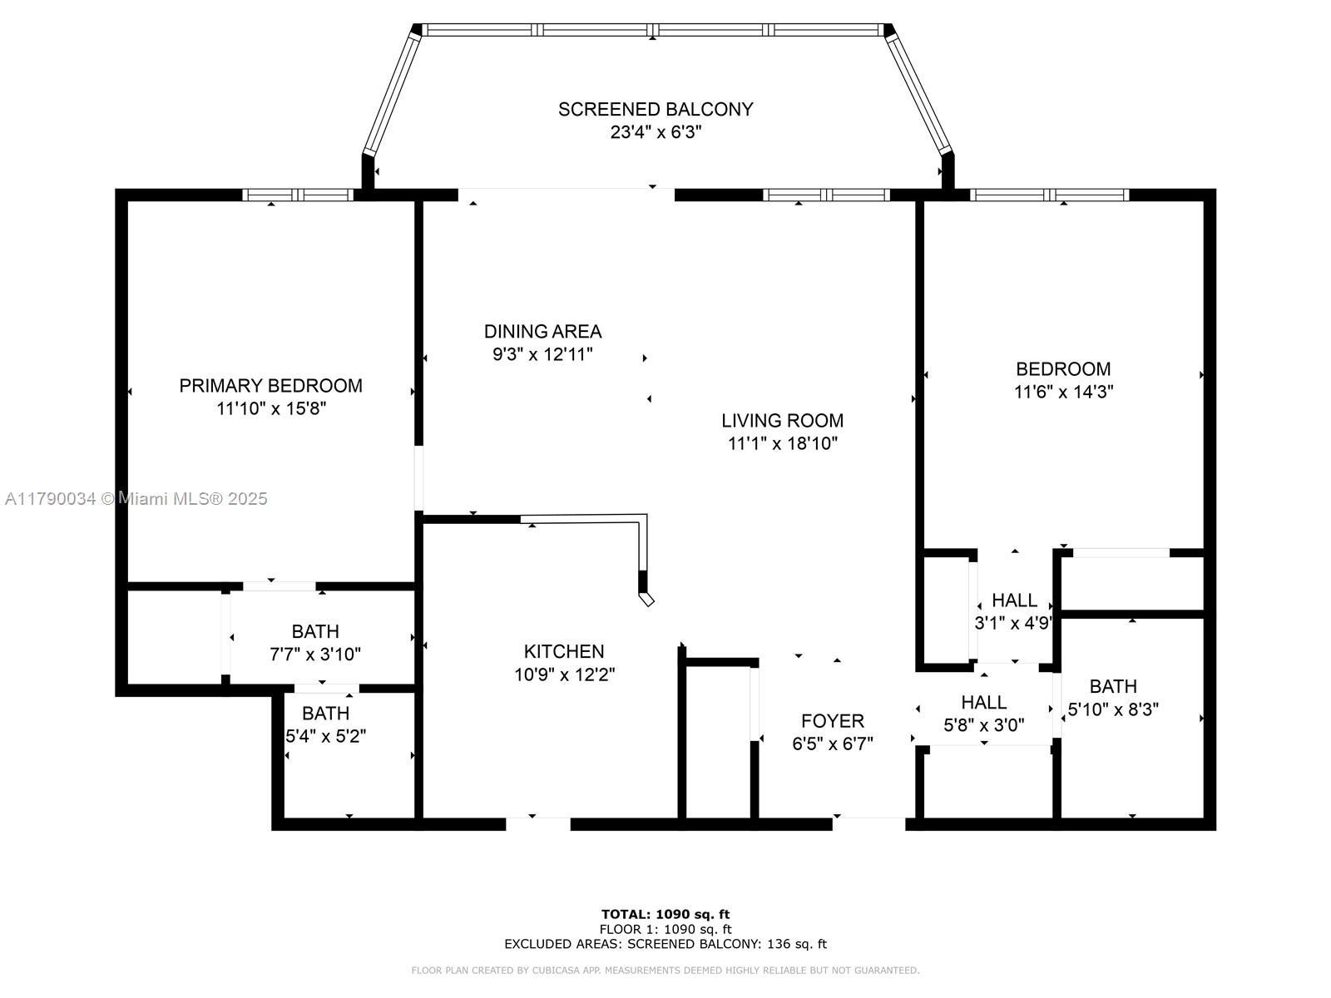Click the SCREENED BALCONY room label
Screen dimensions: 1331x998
point(655,110)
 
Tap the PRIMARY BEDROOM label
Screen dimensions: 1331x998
point(270,386)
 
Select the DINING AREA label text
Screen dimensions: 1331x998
point(542,332)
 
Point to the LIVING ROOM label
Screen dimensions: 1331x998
point(782,421)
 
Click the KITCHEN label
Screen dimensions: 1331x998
point(564,651)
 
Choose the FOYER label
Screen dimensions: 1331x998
point(833,721)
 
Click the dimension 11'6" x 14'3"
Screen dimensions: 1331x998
point(1064,392)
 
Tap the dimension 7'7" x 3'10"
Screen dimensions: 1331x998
point(315,655)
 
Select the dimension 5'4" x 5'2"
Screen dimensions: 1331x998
point(325,736)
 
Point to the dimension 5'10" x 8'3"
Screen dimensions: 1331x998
point(1113,709)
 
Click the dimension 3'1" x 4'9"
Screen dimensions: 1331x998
point(1013,624)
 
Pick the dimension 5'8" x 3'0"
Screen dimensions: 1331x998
point(984,724)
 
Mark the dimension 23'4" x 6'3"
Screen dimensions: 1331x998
point(656,132)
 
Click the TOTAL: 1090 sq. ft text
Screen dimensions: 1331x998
point(665,914)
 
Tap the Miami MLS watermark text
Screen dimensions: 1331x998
point(136,499)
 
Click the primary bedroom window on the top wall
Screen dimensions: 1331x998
point(298,195)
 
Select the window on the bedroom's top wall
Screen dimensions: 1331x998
point(1049,195)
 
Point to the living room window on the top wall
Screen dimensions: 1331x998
point(826,195)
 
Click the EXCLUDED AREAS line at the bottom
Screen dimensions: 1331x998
point(665,944)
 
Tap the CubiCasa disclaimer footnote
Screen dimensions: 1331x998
point(665,971)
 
